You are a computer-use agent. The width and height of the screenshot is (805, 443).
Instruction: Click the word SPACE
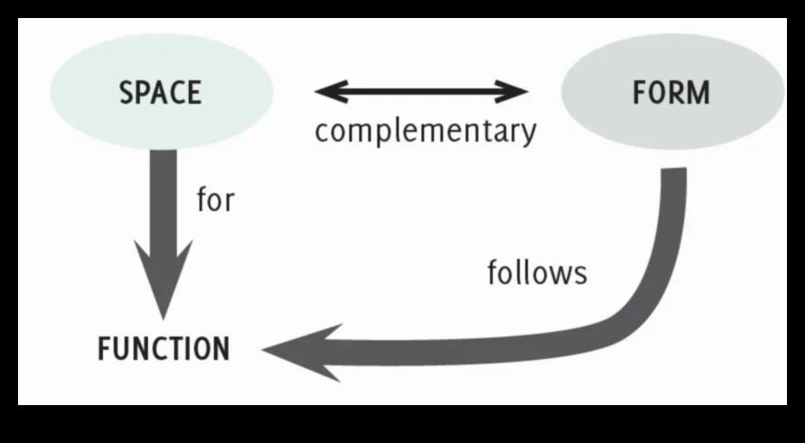[x=160, y=92]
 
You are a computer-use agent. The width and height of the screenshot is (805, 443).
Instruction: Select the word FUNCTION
[x=163, y=348]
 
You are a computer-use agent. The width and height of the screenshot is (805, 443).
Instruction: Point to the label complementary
[x=425, y=131]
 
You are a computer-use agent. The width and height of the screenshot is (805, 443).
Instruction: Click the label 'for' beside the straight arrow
[x=215, y=198]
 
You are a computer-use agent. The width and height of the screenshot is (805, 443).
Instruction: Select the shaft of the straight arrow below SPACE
[x=163, y=198]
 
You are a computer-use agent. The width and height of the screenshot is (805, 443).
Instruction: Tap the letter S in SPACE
[x=125, y=92]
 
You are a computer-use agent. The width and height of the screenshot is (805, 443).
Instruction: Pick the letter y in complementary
[x=527, y=134]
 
